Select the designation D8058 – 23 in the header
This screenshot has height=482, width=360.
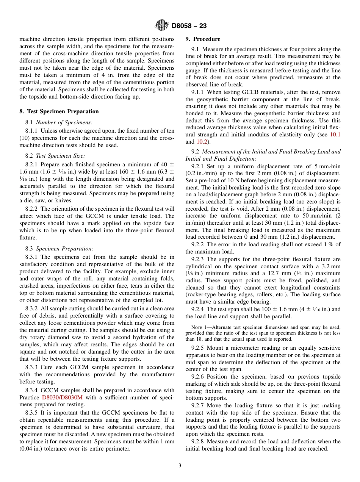point(189,26)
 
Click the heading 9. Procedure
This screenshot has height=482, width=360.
point(203,39)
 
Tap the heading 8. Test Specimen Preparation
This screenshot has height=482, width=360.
point(59,111)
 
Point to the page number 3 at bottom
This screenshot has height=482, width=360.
point(180,465)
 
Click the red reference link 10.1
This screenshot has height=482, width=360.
point(335,135)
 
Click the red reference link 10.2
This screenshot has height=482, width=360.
point(201,142)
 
